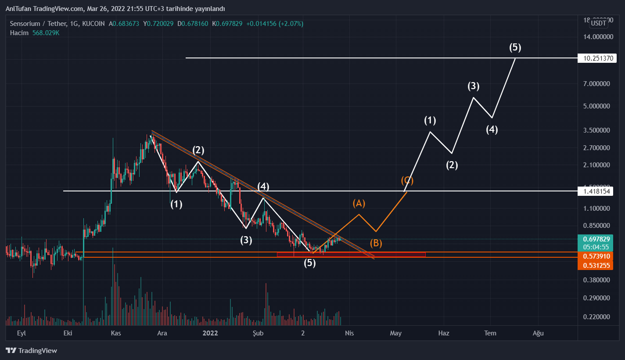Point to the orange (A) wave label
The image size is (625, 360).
(x=359, y=203)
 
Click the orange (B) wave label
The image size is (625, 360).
(x=376, y=243)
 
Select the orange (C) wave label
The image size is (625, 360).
(x=407, y=180)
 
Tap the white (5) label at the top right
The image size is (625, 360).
(x=515, y=47)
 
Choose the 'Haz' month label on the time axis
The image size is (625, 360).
(x=444, y=333)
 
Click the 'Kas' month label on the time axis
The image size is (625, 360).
(x=115, y=333)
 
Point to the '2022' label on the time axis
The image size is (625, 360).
(x=210, y=333)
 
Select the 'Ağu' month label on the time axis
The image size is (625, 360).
(x=538, y=333)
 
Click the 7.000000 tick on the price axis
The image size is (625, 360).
(x=597, y=84)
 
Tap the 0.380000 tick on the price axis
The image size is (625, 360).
(x=597, y=280)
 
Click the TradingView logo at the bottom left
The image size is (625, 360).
(x=32, y=351)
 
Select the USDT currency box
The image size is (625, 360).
(x=598, y=23)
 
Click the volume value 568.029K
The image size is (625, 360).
(x=46, y=33)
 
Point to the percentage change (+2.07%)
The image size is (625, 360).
(x=288, y=24)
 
